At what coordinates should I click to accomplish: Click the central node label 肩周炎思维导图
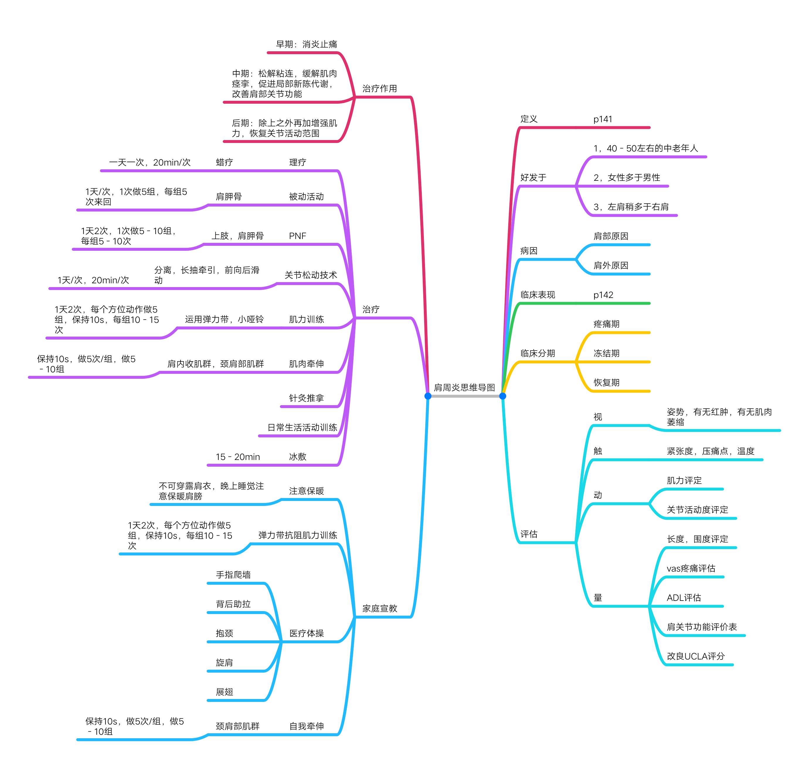464,387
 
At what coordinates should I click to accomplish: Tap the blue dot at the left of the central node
428,396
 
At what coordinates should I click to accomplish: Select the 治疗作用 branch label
379,88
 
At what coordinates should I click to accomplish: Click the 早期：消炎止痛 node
306,44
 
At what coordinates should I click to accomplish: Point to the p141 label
602,119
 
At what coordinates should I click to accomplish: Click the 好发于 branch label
533,178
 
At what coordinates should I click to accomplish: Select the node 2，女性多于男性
626,178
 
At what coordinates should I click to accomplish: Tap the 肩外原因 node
611,266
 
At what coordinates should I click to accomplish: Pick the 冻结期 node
606,353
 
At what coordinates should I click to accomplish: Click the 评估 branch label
528,534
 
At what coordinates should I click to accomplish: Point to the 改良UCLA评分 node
696,656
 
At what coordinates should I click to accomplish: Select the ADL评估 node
684,598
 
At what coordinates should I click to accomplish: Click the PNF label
297,236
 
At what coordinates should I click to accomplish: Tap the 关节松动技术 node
310,275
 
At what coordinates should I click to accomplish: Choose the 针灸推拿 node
306,398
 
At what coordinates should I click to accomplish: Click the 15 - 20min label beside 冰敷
238,457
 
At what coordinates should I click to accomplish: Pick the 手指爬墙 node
233,575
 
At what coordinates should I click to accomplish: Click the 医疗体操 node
306,633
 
